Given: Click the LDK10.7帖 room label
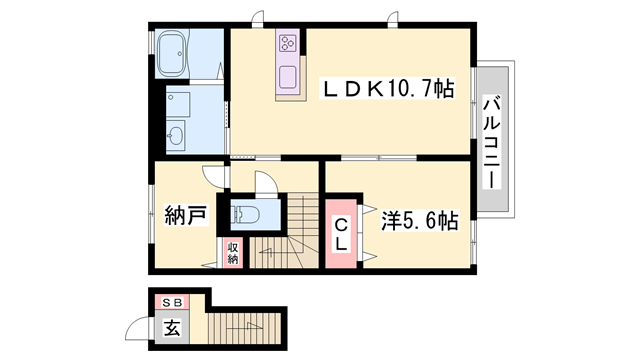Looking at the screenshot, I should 385,89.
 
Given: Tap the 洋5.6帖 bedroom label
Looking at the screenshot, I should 419,218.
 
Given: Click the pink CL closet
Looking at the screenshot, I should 342,234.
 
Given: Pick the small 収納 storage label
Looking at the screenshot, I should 232,252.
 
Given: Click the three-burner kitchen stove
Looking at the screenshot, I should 288,43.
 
